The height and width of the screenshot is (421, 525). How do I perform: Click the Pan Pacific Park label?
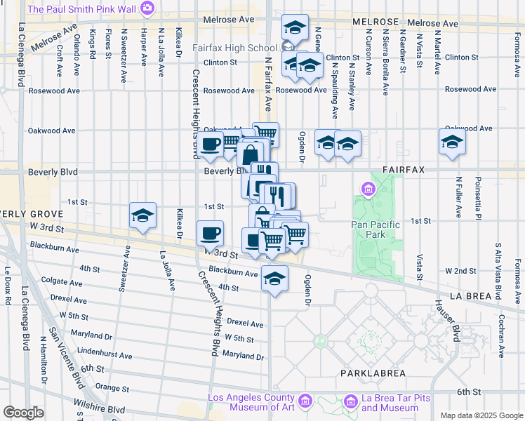375,229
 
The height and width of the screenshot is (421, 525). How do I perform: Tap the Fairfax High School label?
235,48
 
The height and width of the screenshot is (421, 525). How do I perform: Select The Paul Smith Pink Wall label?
83,8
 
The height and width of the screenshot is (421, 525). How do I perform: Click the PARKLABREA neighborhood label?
368,373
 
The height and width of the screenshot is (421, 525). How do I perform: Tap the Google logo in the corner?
22,413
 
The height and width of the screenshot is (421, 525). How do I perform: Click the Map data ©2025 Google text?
481,415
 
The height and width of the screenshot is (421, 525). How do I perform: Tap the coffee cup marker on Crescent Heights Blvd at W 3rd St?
210,232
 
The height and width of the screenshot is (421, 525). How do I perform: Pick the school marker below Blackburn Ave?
274,279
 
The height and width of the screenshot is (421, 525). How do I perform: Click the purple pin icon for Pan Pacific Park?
367,189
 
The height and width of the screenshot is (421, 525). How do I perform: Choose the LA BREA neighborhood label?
469,296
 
